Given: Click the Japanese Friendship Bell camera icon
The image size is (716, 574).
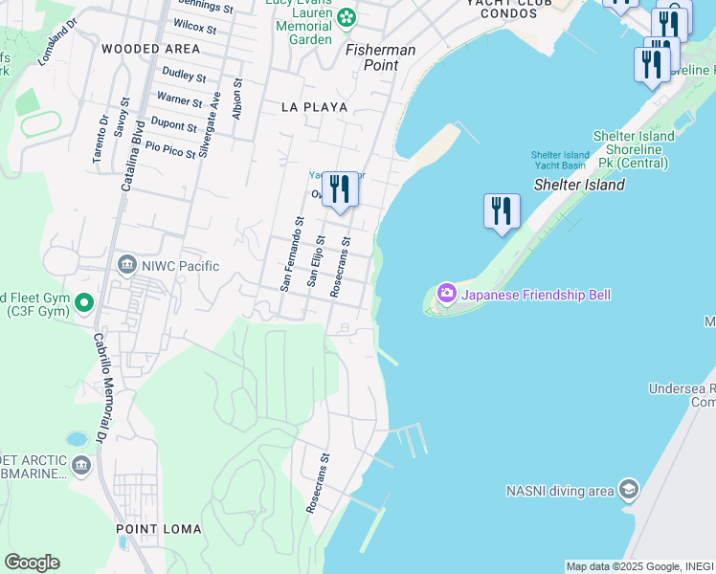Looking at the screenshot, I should (x=445, y=295).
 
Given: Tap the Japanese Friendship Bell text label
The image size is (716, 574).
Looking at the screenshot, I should (x=535, y=295).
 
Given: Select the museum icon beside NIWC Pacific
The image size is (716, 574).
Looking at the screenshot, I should (x=126, y=265).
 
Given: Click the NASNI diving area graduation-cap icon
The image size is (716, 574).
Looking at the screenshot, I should (x=628, y=491).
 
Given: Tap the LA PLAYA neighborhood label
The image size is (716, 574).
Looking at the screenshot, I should (x=314, y=107).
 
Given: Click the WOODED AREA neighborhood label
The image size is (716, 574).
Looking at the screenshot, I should (x=150, y=49).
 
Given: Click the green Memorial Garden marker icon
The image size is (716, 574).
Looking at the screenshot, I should (x=346, y=16).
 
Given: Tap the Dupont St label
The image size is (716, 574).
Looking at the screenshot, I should (x=173, y=124).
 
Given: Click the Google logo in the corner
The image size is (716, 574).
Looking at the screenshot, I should (x=32, y=563).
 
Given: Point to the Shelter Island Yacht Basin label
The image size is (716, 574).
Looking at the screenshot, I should (x=560, y=160).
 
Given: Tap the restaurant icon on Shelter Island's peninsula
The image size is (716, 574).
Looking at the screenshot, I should (x=502, y=211).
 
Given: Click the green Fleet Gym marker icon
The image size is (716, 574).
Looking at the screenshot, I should (x=84, y=304).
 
